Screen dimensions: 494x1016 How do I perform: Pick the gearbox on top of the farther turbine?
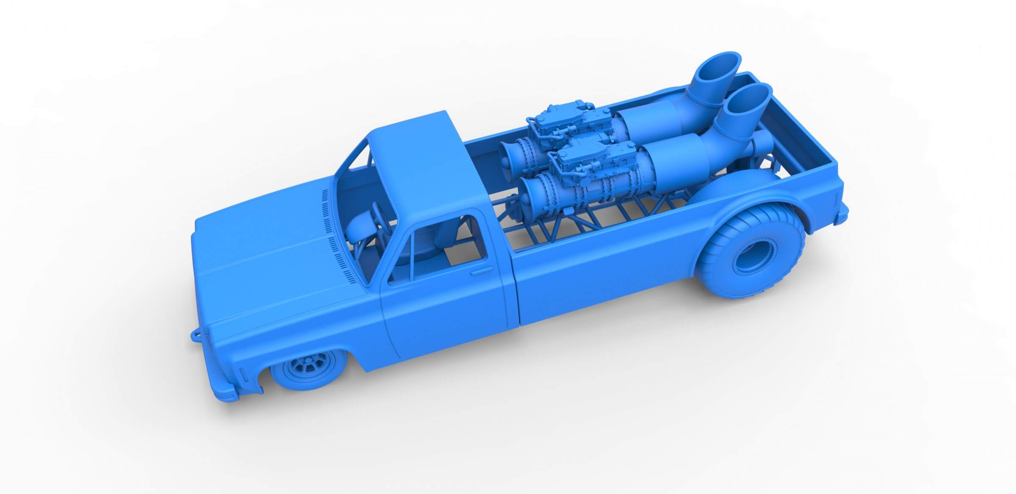tap(550, 123)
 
